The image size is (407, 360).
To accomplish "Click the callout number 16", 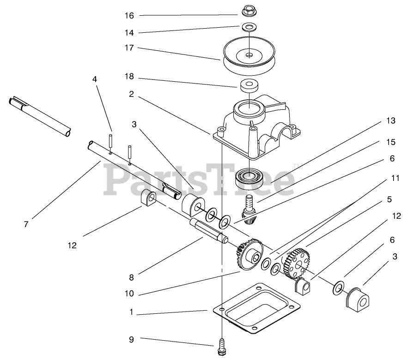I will click(129, 16).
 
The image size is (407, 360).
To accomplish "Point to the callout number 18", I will click(129, 76).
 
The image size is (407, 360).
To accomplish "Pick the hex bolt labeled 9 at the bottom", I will click(222, 345).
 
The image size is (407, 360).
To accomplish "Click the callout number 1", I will click(131, 312).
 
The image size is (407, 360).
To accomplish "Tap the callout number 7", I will click(26, 224).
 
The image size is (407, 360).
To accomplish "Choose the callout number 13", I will click(391, 121).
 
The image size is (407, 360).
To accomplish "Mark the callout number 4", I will click(95, 79).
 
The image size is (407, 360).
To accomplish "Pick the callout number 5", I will click(389, 199).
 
